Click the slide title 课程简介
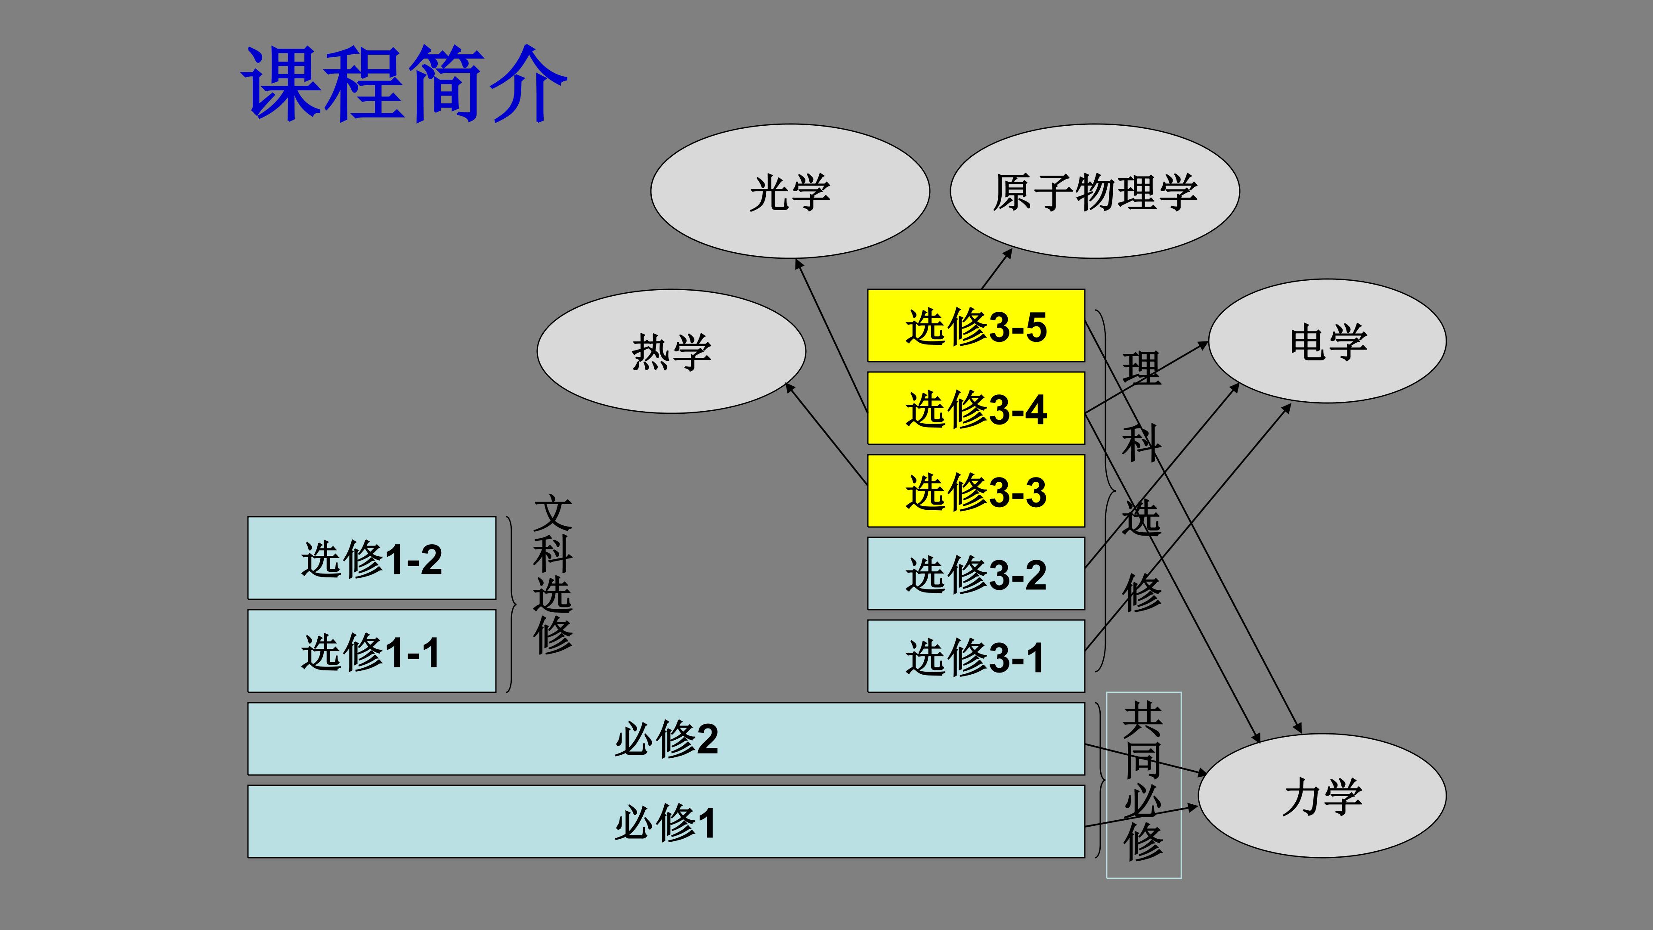click(404, 84)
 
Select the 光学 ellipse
click(790, 191)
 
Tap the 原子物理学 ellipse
click(1095, 191)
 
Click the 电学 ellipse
click(1327, 341)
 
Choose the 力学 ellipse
click(1322, 796)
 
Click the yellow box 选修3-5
click(975, 325)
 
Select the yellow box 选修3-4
click(975, 408)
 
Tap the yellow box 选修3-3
click(975, 491)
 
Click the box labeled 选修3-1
click(975, 656)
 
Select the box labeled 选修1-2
click(371, 558)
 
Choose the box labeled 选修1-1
click(371, 651)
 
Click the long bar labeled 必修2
click(666, 739)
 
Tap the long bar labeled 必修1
click(666, 821)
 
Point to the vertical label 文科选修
click(552, 574)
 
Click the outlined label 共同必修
click(1143, 785)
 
